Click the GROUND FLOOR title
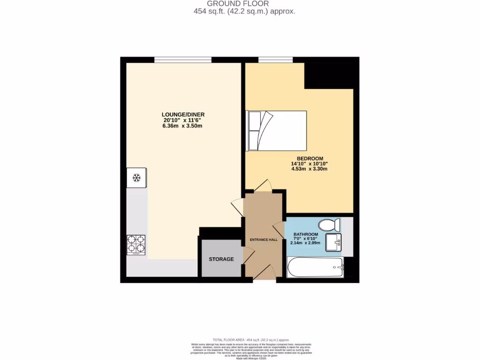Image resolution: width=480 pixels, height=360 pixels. point(244,4)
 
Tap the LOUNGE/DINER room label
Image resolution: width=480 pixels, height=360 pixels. point(183,114)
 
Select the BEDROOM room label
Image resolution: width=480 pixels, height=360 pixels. point(310,158)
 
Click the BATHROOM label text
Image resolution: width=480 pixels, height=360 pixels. point(306,234)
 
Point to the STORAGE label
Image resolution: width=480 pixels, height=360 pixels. point(221,259)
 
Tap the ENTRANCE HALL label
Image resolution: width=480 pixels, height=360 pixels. point(263,240)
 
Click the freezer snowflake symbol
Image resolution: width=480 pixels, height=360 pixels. point(137,178)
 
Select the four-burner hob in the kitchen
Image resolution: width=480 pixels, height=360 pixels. point(136,245)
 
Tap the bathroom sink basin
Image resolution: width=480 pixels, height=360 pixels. point(336,243)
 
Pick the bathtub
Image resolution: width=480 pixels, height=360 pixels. point(315,268)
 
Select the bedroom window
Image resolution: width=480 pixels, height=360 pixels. point(276,60)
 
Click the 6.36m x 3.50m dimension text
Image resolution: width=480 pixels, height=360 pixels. point(183,126)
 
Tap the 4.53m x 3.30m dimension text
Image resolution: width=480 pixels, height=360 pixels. point(309,169)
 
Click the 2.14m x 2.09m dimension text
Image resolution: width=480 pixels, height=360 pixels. point(306,243)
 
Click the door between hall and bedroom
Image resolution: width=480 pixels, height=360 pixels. point(263,186)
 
